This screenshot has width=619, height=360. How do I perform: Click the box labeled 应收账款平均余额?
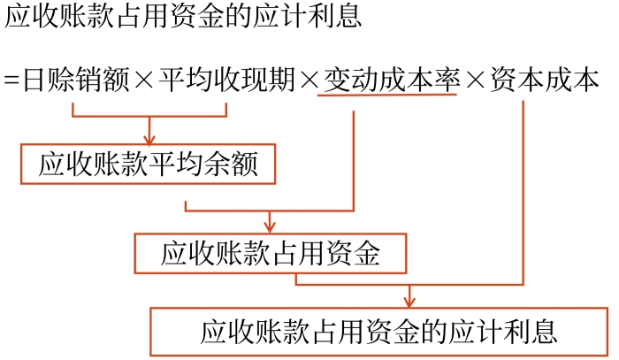click(149, 165)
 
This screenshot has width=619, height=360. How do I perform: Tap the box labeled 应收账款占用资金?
click(270, 254)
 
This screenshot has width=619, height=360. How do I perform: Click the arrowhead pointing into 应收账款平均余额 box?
click(149, 139)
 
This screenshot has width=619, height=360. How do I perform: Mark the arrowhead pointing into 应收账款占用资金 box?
click(270, 227)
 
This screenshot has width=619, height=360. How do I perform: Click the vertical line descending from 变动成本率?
click(354, 159)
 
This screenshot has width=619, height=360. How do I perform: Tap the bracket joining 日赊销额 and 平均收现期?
click(149, 116)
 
